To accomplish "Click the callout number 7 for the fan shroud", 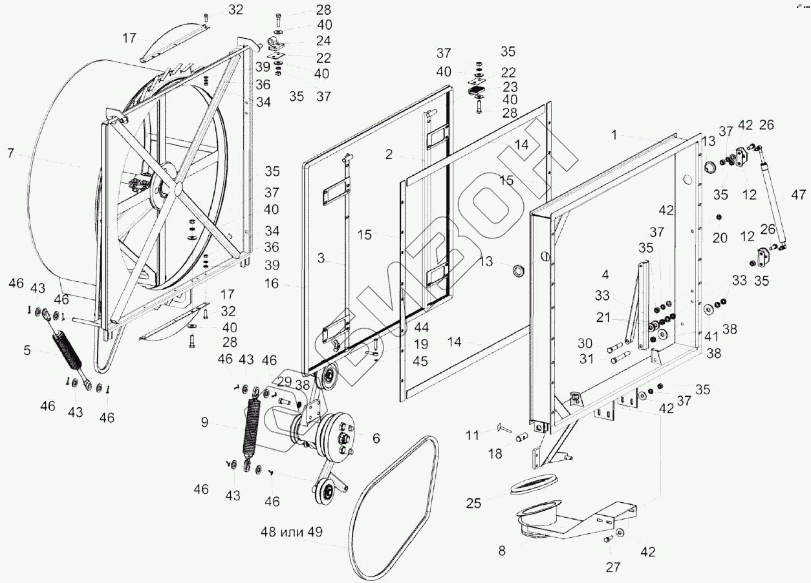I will [x=10, y=154].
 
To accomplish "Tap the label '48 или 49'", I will [x=291, y=533].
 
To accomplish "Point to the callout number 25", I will [x=474, y=503].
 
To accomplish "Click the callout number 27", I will [x=612, y=567].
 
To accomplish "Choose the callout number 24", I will [x=324, y=41].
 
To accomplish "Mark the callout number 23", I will [x=509, y=85].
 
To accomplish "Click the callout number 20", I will [x=720, y=238].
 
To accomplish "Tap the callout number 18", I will [x=495, y=454].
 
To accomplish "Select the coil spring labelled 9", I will [x=251, y=430].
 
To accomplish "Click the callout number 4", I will [x=605, y=275].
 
